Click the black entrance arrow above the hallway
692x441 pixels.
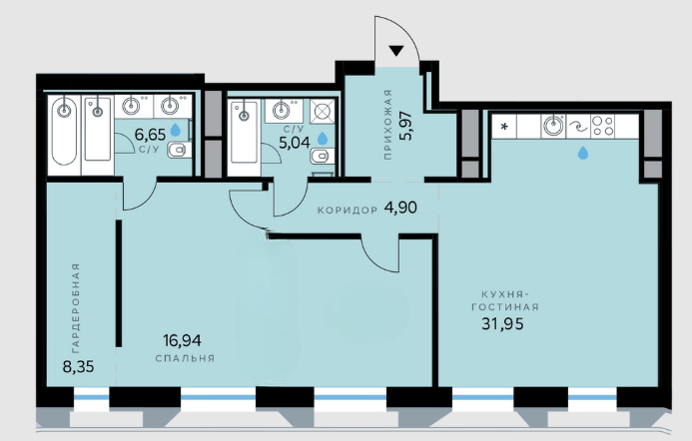tap(396, 50)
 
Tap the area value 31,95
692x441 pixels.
tap(502, 324)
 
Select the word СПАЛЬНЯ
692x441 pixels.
tap(185, 358)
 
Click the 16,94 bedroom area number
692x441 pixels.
tap(182, 340)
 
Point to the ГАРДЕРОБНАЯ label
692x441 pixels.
tap(76, 308)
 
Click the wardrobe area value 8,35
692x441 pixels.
tap(78, 366)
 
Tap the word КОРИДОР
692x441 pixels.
tap(347, 211)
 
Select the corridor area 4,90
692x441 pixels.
tap(400, 208)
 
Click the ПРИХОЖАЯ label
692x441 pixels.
tap(387, 124)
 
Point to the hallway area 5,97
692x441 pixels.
tap(405, 126)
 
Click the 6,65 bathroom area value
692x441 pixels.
tap(150, 133)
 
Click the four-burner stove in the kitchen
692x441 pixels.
tap(603, 126)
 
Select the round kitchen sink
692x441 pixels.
tap(553, 126)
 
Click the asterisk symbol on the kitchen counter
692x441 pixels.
tap(504, 127)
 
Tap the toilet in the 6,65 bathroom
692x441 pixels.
tap(179, 150)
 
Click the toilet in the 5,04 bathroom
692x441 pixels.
tap(322, 156)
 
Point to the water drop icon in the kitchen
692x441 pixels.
tap(583, 153)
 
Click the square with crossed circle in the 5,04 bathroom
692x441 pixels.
tap(323, 111)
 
